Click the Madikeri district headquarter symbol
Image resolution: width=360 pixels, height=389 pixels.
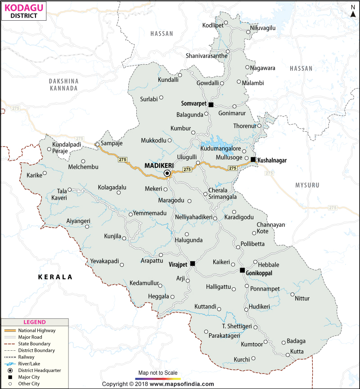tap(167, 173)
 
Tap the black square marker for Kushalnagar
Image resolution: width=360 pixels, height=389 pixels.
tap(253, 160)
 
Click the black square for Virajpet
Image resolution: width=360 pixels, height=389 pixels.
tap(193, 264)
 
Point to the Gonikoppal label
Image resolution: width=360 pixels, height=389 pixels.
tap(261, 273)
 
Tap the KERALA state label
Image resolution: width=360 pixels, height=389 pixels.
tap(55, 277)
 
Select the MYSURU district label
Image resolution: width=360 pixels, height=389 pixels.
tap(307, 185)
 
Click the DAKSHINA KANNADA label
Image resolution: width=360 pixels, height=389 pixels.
tap(63, 85)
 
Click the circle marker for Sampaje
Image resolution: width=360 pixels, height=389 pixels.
tap(97, 144)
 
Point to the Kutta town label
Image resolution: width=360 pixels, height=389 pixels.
tap(297, 351)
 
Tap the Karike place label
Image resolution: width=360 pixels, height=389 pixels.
tap(34, 175)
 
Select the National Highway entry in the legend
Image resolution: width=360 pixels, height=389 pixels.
tap(31, 330)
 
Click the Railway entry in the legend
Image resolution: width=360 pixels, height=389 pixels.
tap(27, 357)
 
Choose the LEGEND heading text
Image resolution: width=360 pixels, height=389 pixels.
tap(35, 322)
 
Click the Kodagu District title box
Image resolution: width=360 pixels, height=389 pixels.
tap(25, 11)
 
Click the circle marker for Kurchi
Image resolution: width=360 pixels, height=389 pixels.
tap(253, 358)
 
